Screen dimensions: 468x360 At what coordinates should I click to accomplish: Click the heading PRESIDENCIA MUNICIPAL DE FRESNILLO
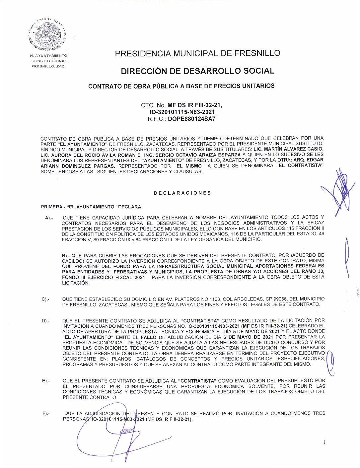coord(197,53)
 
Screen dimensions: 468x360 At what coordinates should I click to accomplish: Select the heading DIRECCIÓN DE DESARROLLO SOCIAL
coord(197,71)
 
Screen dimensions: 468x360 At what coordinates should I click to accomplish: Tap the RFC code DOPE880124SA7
coord(191,119)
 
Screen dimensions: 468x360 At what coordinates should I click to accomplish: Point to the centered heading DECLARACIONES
coord(182,193)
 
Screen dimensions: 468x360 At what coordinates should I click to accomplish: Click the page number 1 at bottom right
coord(324,441)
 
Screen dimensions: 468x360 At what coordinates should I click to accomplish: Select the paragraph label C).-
coord(45,300)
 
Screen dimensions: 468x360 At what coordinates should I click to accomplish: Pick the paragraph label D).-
coord(45,321)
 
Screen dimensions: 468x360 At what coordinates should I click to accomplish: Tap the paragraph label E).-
coord(45,381)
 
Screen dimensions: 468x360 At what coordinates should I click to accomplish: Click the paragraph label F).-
coord(46,414)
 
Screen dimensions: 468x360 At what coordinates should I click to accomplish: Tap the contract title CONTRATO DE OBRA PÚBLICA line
coord(181,86)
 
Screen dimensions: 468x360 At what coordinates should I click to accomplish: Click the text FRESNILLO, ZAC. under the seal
coord(49,66)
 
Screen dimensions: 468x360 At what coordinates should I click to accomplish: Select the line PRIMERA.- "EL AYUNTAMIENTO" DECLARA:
coord(92,207)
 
